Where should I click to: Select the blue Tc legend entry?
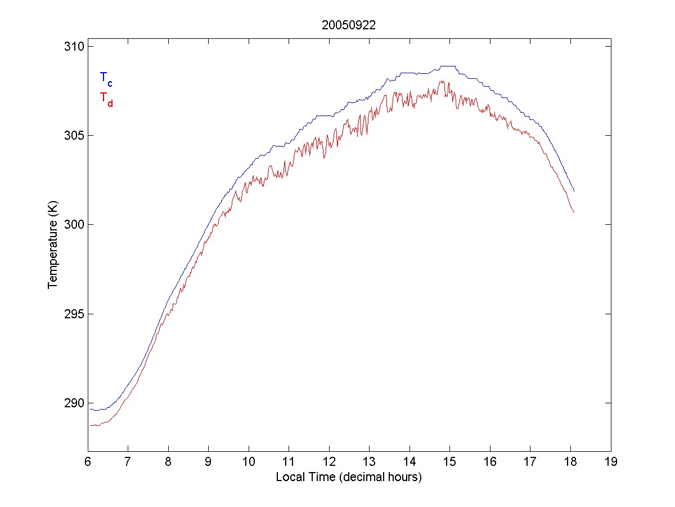click(x=106, y=78)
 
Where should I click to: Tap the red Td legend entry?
click(x=106, y=99)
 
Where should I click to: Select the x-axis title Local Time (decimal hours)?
click(x=349, y=477)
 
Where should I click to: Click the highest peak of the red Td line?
click(x=443, y=81)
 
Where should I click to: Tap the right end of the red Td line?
click(x=574, y=212)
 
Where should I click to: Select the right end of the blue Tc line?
click(x=574, y=192)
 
